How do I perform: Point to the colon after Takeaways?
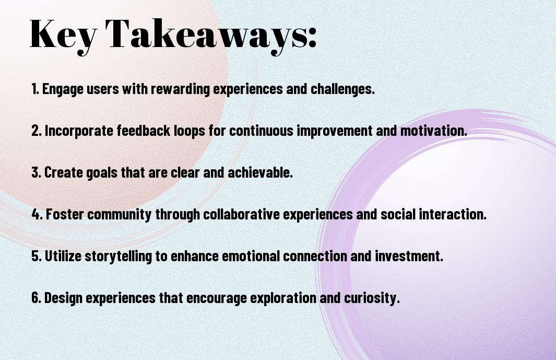pyautogui.click(x=312, y=38)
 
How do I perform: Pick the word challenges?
pyautogui.click(x=342, y=89)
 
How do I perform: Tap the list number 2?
pyautogui.click(x=36, y=131)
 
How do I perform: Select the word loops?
pyautogui.click(x=190, y=131)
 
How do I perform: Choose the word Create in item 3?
pyautogui.click(x=64, y=172)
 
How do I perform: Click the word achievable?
pyautogui.click(x=261, y=172)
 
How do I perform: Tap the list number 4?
pyautogui.click(x=37, y=214)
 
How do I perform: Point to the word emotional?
pyautogui.click(x=251, y=256)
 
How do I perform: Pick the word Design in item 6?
pyautogui.click(x=64, y=298)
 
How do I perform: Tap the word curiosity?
pyautogui.click(x=372, y=298)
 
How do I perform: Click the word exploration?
pyautogui.click(x=283, y=298)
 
